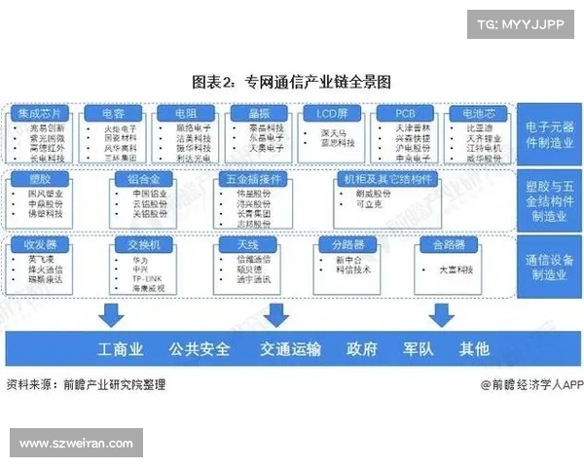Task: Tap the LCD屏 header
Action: click(x=330, y=113)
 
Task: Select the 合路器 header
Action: click(x=439, y=244)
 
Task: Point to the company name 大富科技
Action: click(x=446, y=265)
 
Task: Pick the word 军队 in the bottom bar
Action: click(x=419, y=348)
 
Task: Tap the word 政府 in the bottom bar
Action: click(x=362, y=348)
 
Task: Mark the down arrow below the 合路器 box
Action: click(x=442, y=313)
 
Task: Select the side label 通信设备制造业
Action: click(x=548, y=266)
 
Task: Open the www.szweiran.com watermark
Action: click(x=76, y=443)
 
